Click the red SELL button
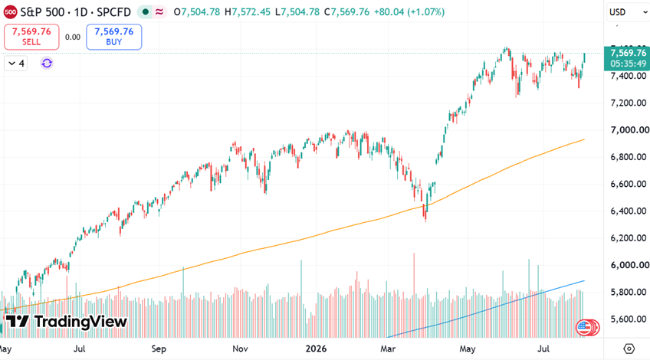click(31, 37)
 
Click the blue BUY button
click(114, 37)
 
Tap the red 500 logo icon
click(10, 12)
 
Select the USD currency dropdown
click(628, 12)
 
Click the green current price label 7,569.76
click(628, 58)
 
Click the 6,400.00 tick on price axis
click(629, 211)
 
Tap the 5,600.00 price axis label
click(629, 319)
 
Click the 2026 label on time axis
click(316, 349)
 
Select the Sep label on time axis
click(159, 349)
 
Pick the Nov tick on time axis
click(240, 349)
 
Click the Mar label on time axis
click(388, 349)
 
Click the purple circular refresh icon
click(47, 63)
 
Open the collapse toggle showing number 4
click(16, 64)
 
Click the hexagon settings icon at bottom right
click(629, 349)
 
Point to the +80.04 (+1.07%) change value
click(409, 12)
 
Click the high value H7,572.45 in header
click(248, 12)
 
